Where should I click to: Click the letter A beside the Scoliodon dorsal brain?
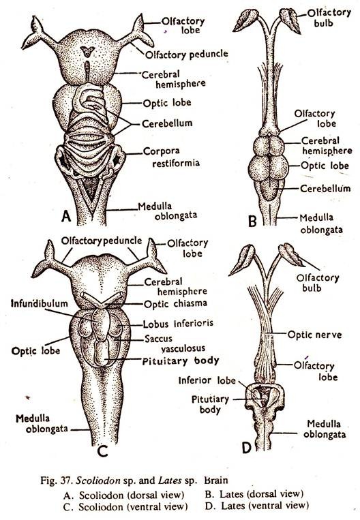click(66, 216)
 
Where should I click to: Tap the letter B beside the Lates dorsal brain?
click(252, 221)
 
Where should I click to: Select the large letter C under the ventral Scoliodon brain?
click(103, 451)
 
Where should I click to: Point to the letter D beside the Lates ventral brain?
click(247, 448)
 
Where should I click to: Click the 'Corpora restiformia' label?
click(172, 157)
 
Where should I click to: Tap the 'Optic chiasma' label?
click(175, 303)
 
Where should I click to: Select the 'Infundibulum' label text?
click(39, 303)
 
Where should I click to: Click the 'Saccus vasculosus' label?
click(175, 343)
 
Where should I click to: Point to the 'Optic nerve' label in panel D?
click(314, 334)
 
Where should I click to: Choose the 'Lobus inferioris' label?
click(178, 323)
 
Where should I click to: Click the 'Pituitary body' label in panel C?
click(181, 361)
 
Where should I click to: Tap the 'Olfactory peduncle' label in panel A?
click(186, 54)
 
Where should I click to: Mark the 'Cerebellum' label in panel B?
click(325, 188)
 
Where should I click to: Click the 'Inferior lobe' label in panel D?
click(207, 380)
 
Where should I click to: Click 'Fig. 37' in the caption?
click(55, 480)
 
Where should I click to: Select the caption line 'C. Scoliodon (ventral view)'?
click(125, 506)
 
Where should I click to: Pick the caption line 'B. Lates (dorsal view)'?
click(254, 494)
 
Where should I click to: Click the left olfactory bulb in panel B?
click(246, 20)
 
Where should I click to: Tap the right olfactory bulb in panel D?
click(290, 255)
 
